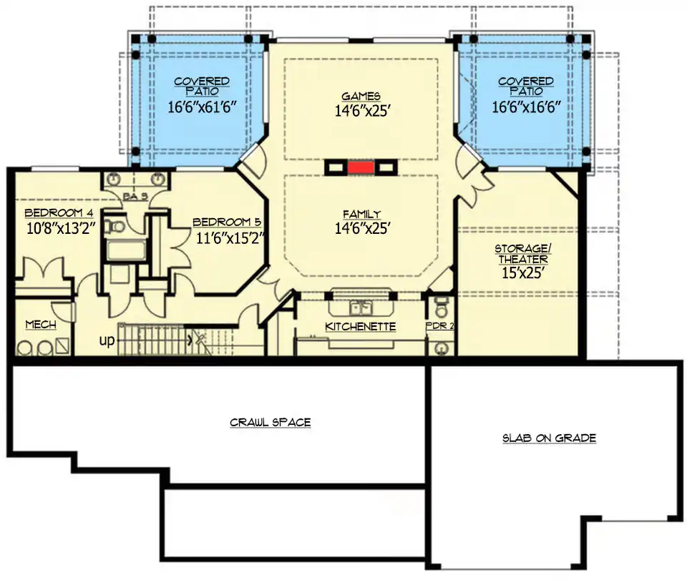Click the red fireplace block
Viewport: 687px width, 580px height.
click(361, 167)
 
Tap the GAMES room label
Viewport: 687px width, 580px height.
click(361, 97)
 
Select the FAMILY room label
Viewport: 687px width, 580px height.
click(362, 215)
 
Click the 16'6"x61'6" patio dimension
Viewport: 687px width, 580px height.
click(202, 107)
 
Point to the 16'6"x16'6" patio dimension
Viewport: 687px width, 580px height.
click(526, 107)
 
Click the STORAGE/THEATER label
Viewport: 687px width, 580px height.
click(523, 254)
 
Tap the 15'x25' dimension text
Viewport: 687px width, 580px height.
click(523, 273)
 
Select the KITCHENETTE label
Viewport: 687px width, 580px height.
click(361, 327)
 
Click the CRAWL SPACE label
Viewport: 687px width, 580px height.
click(271, 423)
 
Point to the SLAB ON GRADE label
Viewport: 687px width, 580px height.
click(550, 438)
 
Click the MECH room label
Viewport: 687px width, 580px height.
click(41, 325)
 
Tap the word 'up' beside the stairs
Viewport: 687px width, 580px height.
click(107, 340)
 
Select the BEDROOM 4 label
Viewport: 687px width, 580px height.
click(59, 213)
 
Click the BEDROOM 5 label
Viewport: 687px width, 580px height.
click(227, 222)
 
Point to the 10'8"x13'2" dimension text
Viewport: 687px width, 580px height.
click(61, 228)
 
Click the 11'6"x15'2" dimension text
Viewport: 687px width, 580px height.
click(231, 238)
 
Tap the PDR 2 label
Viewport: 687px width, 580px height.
click(440, 326)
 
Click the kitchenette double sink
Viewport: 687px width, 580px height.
click(361, 308)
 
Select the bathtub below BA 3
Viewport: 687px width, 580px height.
click(126, 250)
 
